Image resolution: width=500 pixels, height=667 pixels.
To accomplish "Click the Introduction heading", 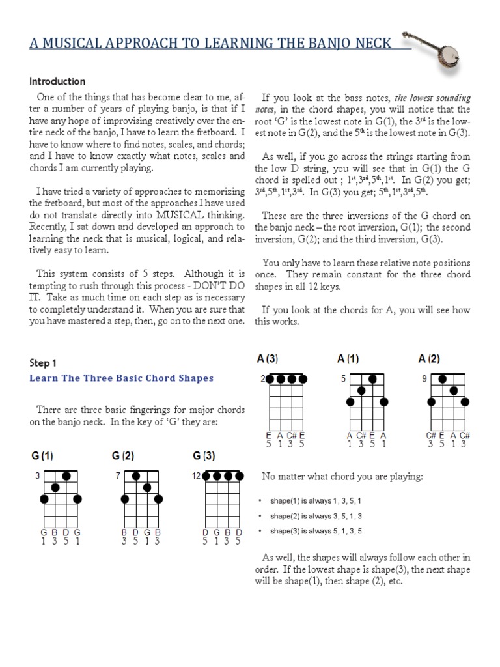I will pos(57,81).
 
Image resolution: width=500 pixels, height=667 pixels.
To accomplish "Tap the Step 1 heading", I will pos(44,363).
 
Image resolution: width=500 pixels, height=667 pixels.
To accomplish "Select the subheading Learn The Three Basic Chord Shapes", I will pos(122,378).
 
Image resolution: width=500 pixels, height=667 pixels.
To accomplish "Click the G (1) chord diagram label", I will pos(43,455).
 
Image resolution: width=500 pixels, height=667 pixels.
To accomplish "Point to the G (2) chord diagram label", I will pos(123,455).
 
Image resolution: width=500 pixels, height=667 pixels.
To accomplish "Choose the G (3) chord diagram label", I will pos(204,455).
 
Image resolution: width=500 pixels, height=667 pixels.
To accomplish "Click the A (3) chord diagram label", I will pos(268,358).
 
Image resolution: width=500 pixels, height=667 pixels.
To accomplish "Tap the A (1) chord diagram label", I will pos(348,358).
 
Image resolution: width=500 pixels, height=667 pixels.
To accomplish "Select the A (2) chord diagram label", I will pos(430,358).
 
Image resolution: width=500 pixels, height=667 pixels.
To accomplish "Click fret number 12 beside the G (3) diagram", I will pos(195,476).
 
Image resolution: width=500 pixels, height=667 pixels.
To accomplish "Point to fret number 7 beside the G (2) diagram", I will pos(118,476).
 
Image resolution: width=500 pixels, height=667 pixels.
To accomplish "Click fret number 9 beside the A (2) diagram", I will pos(424,378).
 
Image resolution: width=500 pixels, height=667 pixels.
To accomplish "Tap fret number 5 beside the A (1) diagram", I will pos(343,378).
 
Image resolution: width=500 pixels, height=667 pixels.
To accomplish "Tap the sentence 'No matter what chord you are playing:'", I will pos(342,477).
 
